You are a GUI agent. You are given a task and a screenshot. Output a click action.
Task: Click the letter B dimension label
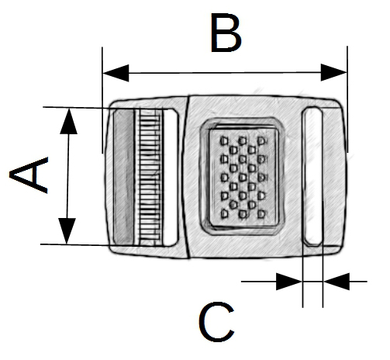click(226, 33)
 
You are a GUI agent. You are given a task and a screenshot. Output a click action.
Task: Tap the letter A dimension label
click(29, 175)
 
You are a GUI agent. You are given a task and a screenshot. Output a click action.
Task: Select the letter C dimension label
click(216, 321)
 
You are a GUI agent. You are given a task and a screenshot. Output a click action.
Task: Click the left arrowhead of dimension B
click(116, 73)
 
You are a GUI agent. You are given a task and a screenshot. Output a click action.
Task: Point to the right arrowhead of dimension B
click(333, 72)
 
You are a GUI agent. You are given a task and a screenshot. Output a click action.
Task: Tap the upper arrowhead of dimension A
click(68, 121)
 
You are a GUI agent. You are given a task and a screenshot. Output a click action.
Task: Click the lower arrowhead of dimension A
click(67, 231)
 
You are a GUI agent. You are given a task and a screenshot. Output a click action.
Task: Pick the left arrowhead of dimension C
click(289, 282)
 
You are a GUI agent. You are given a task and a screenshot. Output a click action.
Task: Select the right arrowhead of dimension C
click(337, 281)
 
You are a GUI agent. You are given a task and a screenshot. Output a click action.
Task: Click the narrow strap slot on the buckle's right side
click(312, 176)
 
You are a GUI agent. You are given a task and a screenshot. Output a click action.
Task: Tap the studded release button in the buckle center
click(243, 177)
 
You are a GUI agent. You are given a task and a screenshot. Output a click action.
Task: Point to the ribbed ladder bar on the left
click(149, 178)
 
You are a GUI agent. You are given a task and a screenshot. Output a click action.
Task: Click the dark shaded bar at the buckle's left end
click(124, 177)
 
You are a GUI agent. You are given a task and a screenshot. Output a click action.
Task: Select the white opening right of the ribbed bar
click(171, 178)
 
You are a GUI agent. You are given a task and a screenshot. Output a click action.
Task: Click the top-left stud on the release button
click(224, 141)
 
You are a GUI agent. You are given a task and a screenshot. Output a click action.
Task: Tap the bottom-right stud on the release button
click(261, 214)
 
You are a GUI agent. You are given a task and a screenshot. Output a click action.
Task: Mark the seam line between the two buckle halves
click(188, 177)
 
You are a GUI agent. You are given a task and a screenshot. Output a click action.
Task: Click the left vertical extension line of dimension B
click(102, 100)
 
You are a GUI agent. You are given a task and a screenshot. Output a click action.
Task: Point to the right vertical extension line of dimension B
click(347, 99)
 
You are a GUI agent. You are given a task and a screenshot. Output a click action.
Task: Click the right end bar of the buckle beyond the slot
click(334, 177)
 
